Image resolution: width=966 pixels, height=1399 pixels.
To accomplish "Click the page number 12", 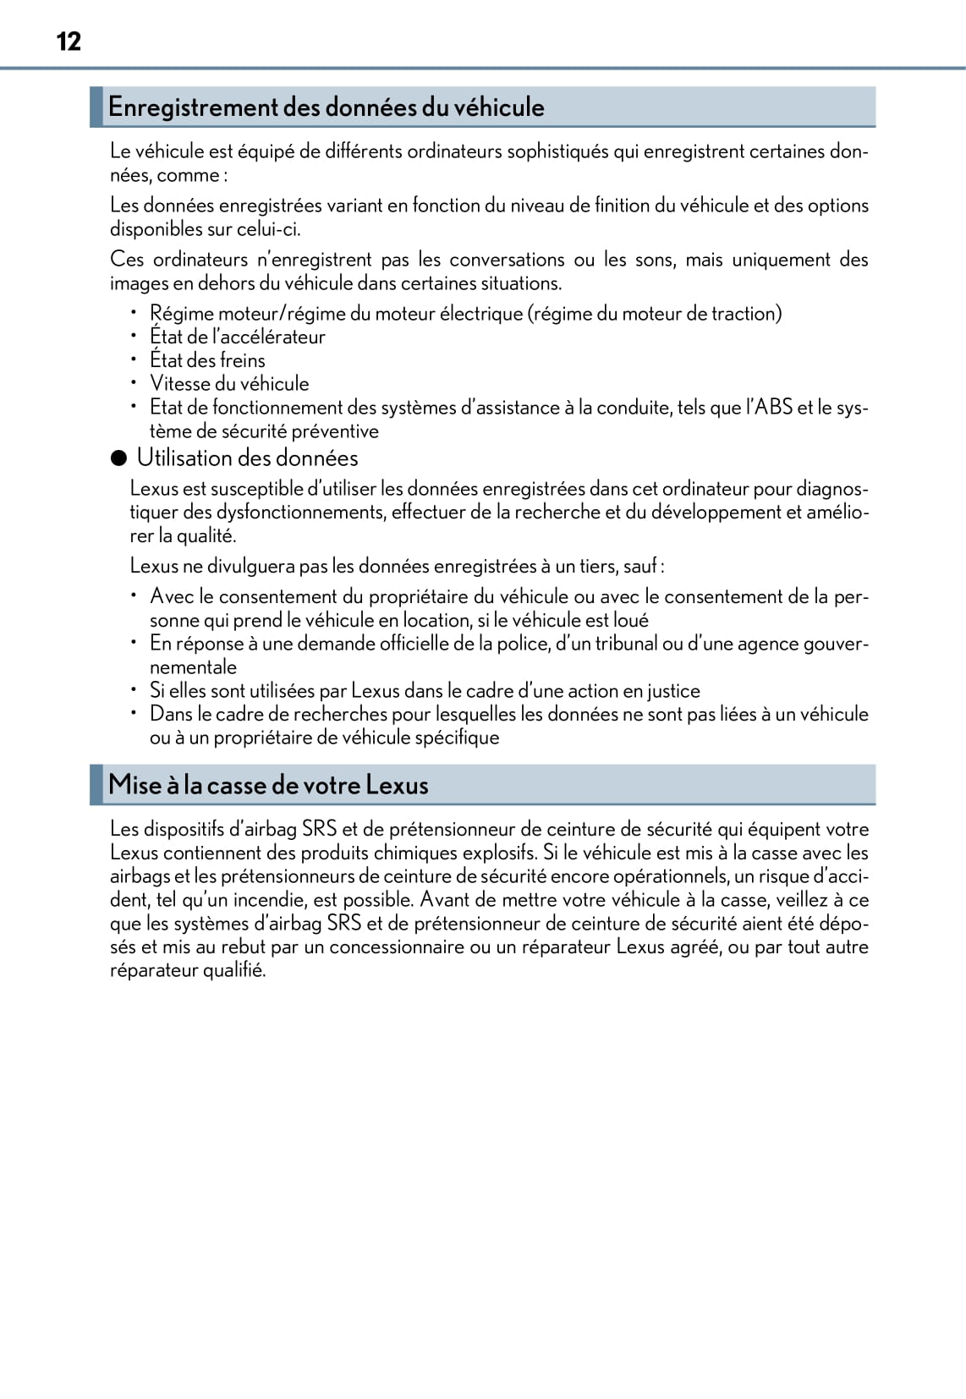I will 69,41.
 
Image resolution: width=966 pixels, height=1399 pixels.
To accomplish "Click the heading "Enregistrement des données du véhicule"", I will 326,107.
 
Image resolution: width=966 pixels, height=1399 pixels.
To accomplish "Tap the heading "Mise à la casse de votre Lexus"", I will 268,785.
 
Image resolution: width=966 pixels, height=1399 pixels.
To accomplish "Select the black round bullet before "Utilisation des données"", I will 119,458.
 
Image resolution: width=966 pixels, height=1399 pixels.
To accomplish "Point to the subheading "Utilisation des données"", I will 247,458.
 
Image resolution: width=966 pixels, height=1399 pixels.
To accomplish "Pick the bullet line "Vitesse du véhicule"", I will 229,383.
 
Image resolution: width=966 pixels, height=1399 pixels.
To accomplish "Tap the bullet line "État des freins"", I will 207,360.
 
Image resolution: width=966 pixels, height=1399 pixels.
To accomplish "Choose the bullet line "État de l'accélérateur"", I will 237,337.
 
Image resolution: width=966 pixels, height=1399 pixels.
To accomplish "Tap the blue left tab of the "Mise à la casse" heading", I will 96,785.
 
